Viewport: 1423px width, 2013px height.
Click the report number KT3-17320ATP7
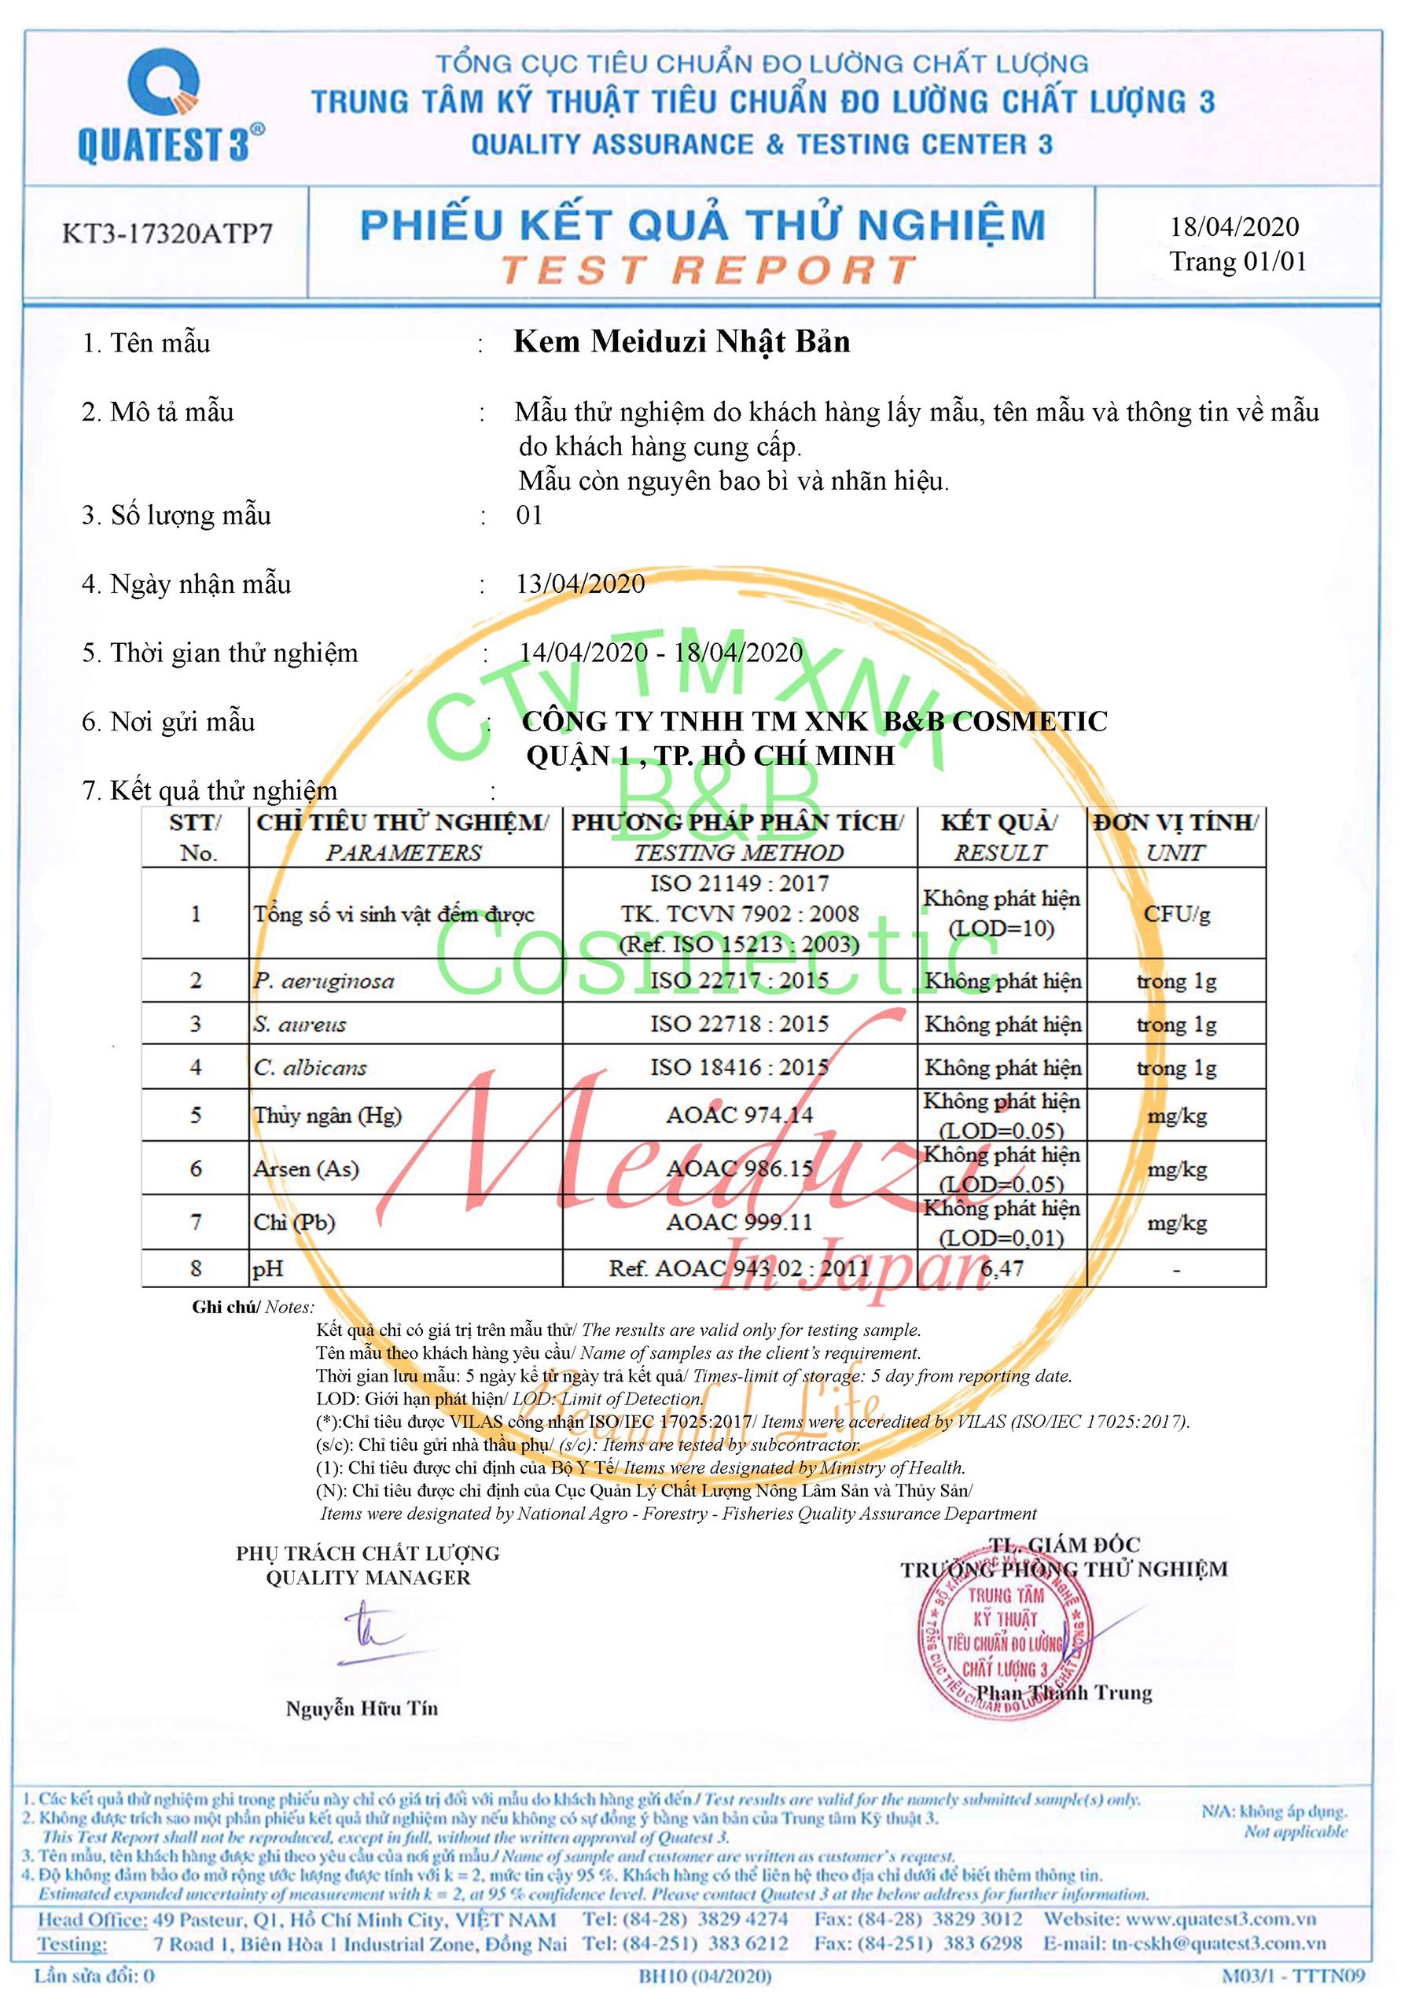(x=167, y=234)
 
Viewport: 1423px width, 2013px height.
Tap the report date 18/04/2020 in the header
(x=1234, y=227)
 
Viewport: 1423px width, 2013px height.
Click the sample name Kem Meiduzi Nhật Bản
(x=682, y=342)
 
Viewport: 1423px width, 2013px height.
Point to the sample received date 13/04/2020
(x=580, y=584)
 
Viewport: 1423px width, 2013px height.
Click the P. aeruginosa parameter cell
(x=325, y=981)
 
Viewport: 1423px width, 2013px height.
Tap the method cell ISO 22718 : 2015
(x=739, y=1024)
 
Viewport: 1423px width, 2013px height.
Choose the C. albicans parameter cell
(x=311, y=1068)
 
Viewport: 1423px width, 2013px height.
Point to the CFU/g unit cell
(x=1177, y=914)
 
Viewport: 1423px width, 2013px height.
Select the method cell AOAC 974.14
(x=739, y=1115)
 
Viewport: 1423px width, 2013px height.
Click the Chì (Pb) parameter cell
(x=295, y=1222)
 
